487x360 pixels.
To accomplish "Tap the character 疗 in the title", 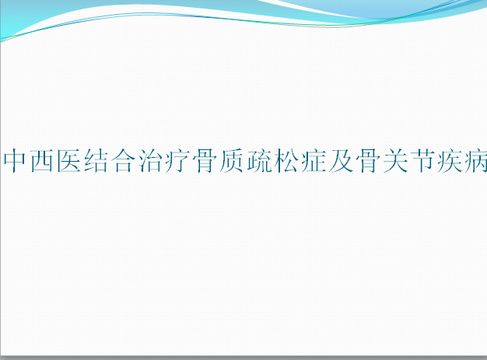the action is [177, 160].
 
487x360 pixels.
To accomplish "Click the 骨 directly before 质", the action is [205, 160].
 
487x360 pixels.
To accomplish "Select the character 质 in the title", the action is [232, 160].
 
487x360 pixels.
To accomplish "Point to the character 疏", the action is [259, 160].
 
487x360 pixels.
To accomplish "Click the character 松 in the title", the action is [286, 160].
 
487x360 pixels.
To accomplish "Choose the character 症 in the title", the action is [314, 160].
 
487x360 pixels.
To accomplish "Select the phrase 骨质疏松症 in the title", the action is [259, 160].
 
